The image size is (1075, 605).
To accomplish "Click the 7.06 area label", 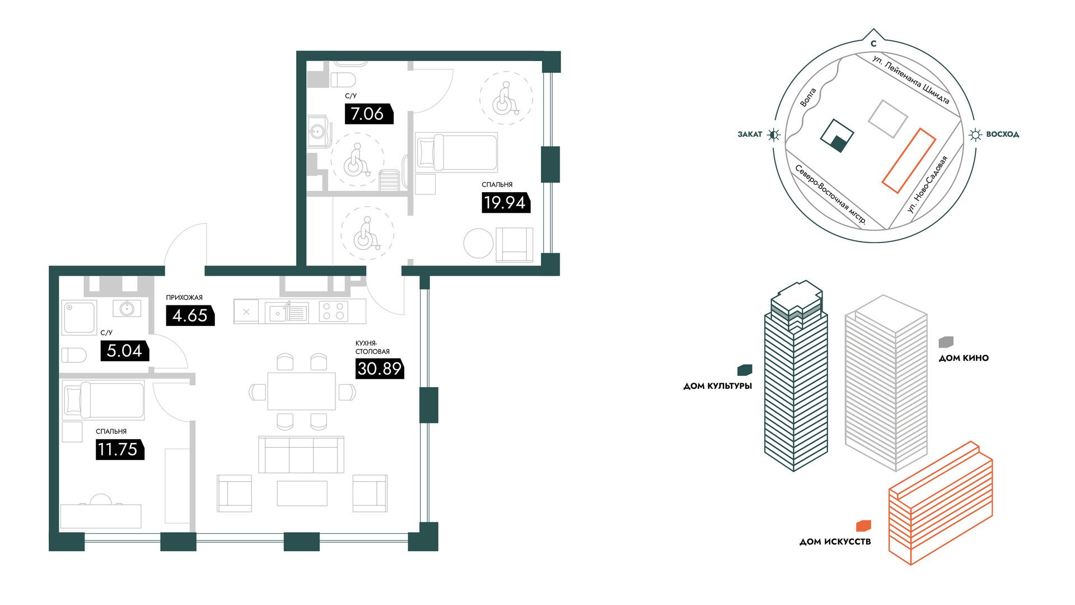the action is (x=368, y=114).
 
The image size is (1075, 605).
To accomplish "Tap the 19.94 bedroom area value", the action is (x=505, y=202).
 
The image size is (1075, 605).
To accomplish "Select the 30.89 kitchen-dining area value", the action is (x=380, y=369).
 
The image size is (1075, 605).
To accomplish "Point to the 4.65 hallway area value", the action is (x=190, y=315).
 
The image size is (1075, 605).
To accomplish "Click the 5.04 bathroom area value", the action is (x=124, y=351).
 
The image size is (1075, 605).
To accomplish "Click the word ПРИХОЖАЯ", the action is (x=184, y=297).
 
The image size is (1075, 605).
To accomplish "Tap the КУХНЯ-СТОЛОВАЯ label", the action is (x=372, y=347).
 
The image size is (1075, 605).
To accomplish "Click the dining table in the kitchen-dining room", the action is (x=301, y=392).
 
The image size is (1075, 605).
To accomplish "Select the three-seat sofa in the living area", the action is (x=301, y=455).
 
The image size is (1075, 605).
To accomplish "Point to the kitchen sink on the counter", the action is (x=287, y=312).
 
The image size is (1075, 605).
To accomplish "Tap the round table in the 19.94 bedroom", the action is (x=479, y=243).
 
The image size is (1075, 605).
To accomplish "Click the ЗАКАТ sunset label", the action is (x=750, y=134).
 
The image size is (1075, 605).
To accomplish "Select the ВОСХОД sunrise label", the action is (x=1002, y=134).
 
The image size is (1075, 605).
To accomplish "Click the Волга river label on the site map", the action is (x=808, y=97).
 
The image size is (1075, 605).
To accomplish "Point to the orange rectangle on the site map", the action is (x=909, y=161).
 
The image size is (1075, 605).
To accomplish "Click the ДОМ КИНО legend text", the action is (x=964, y=358).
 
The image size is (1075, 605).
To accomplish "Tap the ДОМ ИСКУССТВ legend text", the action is (x=835, y=542).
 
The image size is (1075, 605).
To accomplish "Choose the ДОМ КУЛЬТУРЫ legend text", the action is (x=718, y=386).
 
